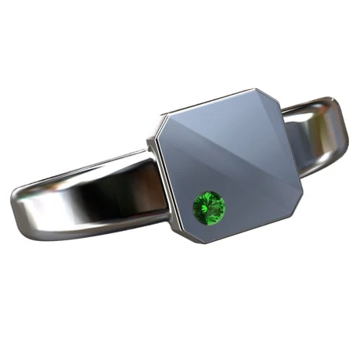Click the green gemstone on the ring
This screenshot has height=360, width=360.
(x=209, y=207)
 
